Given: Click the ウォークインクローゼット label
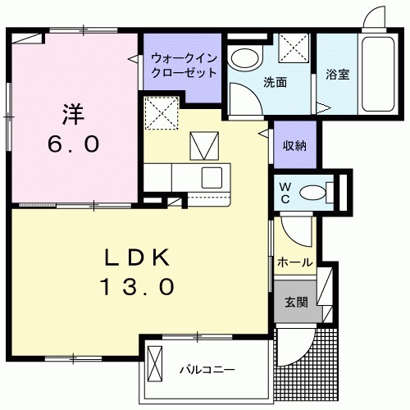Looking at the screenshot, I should tap(184, 65).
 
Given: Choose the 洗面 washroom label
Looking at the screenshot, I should tap(274, 82).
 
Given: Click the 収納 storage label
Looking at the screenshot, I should tap(295, 147).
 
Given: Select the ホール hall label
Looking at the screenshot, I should tap(295, 262).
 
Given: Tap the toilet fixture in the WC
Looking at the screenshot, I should tap(315, 193).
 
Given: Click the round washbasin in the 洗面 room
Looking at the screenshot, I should tap(243, 58).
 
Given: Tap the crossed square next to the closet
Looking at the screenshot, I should tap(162, 112).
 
